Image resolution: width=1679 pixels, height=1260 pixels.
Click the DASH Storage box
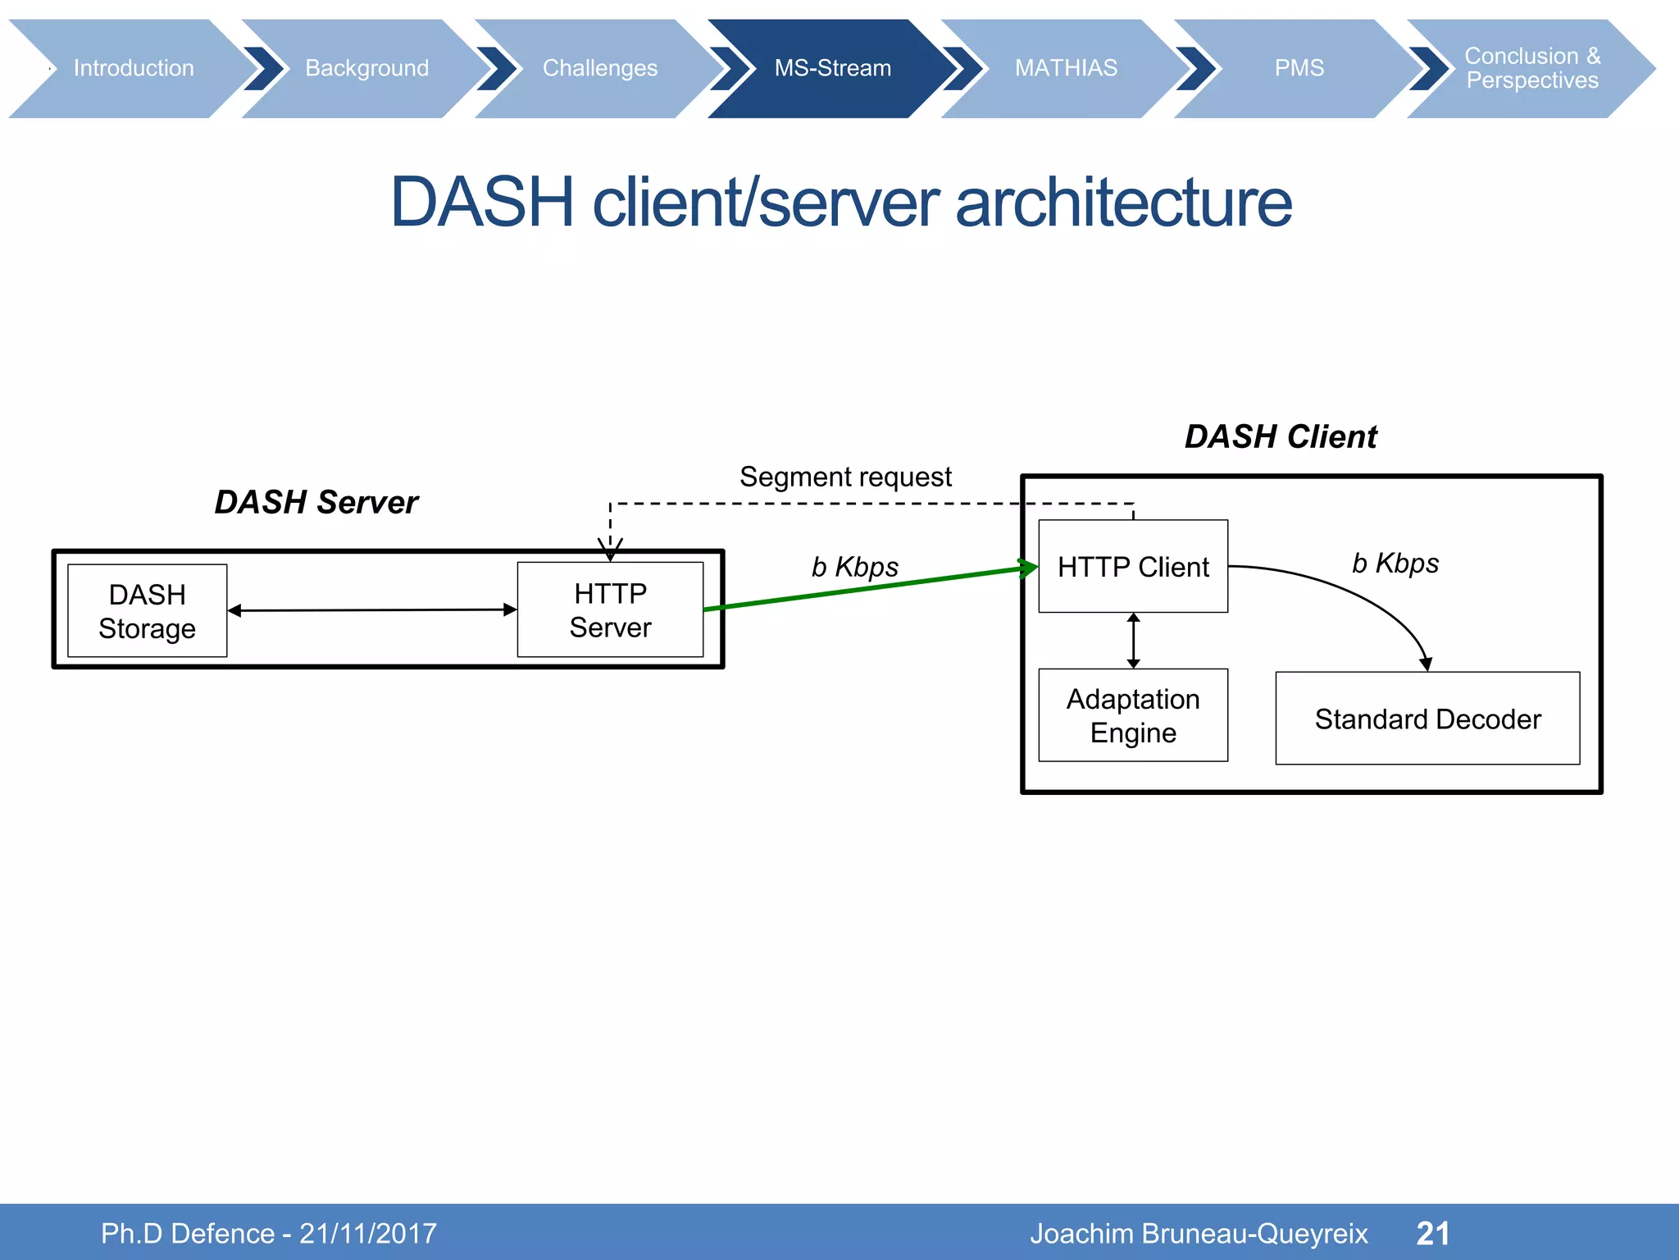pyautogui.click(x=148, y=611)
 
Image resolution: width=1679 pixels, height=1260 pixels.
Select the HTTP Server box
pyautogui.click(x=610, y=610)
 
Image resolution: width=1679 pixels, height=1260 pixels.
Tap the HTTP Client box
pyautogui.click(x=1133, y=567)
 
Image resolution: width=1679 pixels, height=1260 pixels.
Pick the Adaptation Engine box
pyautogui.click(x=1133, y=715)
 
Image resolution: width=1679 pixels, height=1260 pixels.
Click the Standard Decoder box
pyautogui.click(x=1427, y=719)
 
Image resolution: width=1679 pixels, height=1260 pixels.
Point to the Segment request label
pyautogui.click(x=845, y=477)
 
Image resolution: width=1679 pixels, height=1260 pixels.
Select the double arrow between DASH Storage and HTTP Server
pyautogui.click(x=373, y=610)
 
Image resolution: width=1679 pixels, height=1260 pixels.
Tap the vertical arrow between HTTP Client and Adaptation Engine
pyautogui.click(x=1134, y=641)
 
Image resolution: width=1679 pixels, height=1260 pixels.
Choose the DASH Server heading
pyautogui.click(x=316, y=502)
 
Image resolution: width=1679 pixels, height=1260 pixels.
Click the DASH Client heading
pyautogui.click(x=1281, y=436)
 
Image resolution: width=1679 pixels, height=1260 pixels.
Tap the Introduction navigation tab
pyautogui.click(x=134, y=68)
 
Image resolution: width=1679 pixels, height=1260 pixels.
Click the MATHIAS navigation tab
pyautogui.click(x=1066, y=68)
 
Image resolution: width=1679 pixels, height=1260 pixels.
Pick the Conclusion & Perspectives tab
pyautogui.click(x=1531, y=68)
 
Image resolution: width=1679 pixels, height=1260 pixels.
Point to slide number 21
pyautogui.click(x=1433, y=1233)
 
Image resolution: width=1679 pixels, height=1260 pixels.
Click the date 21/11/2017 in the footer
pyautogui.click(x=367, y=1233)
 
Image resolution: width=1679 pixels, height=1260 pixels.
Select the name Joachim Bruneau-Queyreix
pyautogui.click(x=1199, y=1233)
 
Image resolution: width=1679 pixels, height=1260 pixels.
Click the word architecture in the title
pyautogui.click(x=1123, y=203)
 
